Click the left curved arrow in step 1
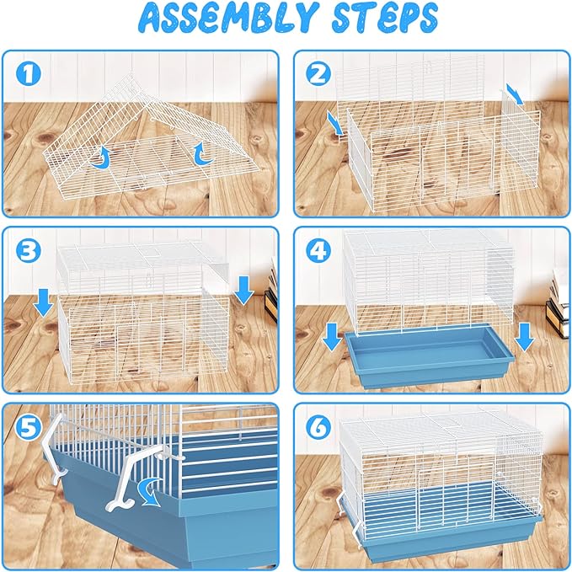tap(104, 156)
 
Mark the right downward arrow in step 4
tap(524, 335)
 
